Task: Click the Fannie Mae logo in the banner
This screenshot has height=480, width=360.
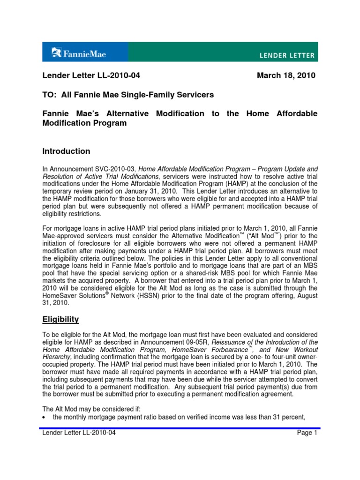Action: tap(79, 53)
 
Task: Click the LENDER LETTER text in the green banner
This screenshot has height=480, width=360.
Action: tap(288, 55)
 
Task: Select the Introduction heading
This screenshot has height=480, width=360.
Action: tap(66, 151)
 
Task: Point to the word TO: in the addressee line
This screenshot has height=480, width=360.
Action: tap(50, 95)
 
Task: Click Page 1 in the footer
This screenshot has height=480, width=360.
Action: tap(307, 433)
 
